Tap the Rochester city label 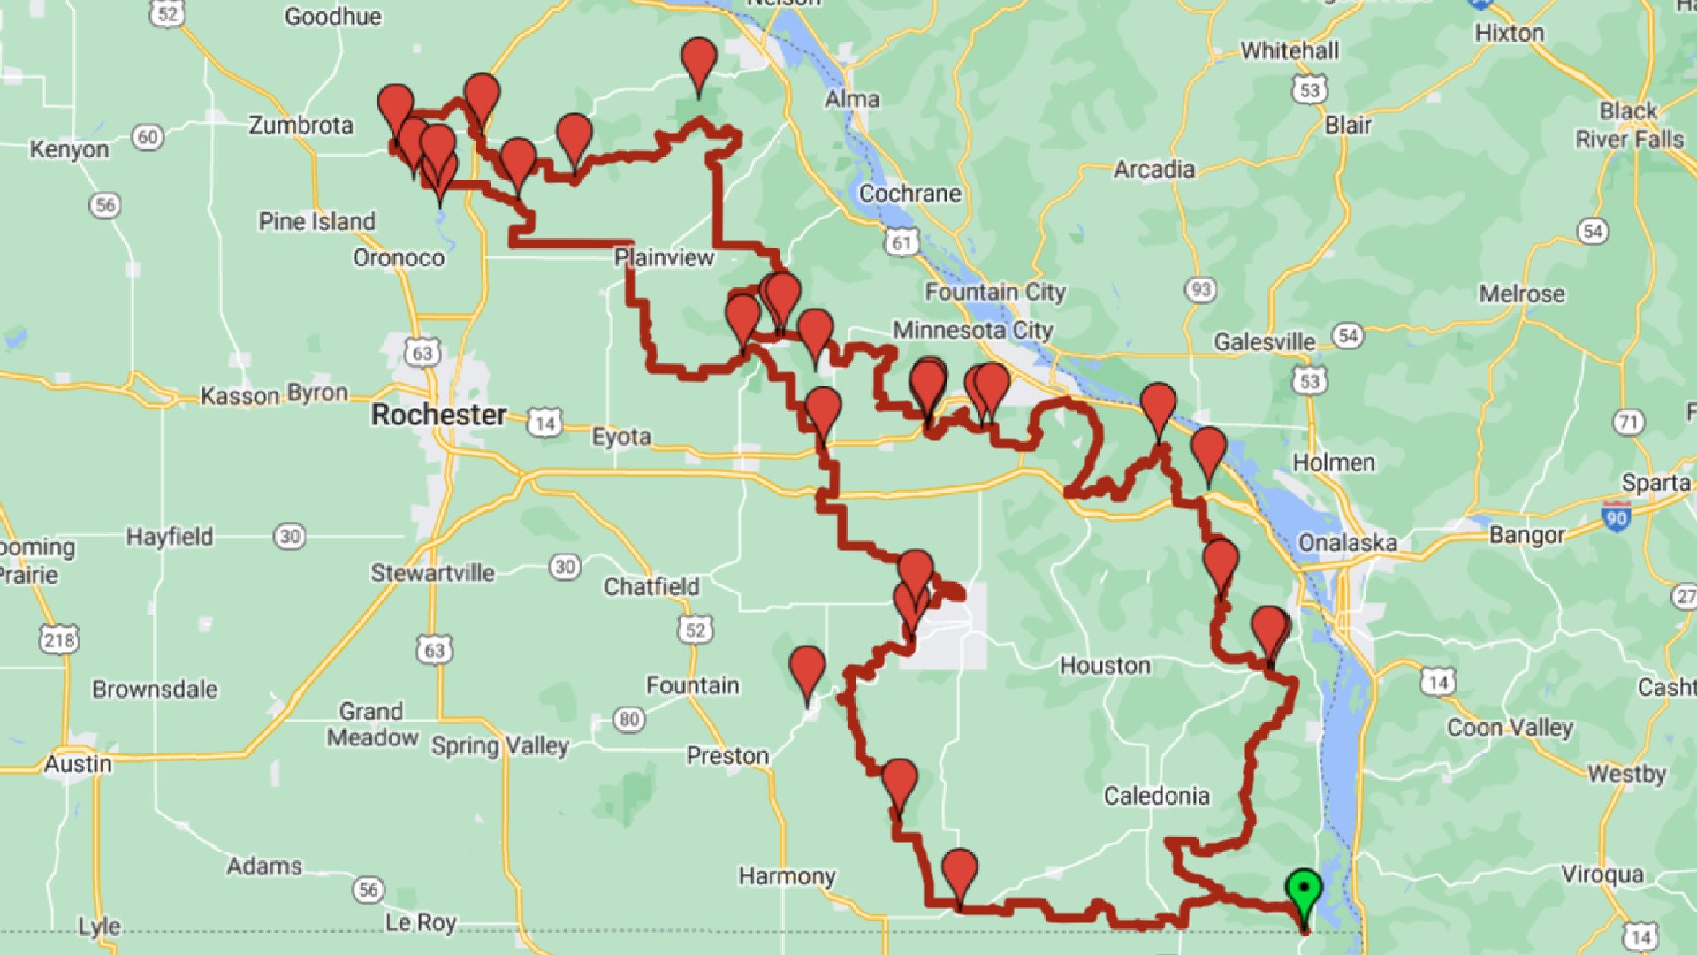point(438,415)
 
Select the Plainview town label point(664,257)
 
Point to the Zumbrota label point(301,125)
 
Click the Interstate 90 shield point(1617,516)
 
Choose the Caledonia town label point(1156,796)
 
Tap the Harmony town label point(787,876)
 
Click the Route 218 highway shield point(59,639)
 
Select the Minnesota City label point(972,331)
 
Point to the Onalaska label point(1347,542)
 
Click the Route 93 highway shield point(1200,289)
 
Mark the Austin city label point(78,763)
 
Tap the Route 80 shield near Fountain point(629,719)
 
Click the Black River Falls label point(1629,125)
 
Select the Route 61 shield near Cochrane point(902,242)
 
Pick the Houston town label point(1105,665)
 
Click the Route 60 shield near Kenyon point(148,137)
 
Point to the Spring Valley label point(499,745)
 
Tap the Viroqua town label point(1602,875)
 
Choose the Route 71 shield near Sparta point(1628,422)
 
